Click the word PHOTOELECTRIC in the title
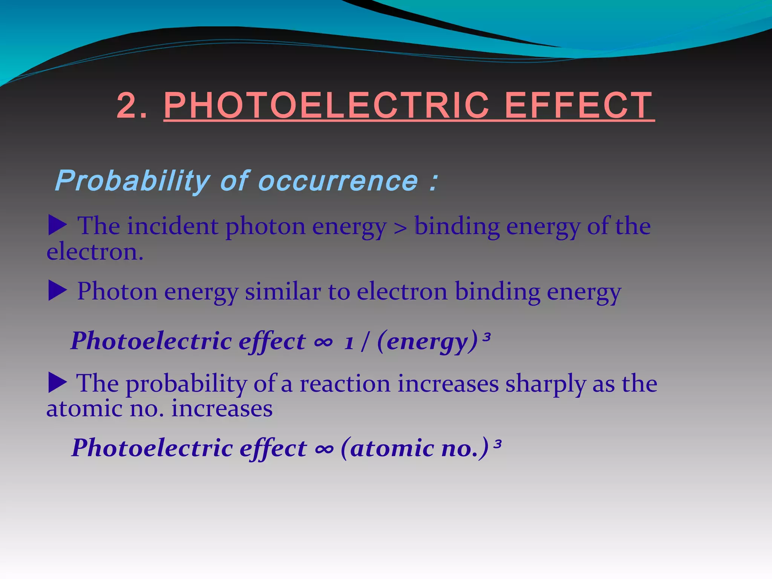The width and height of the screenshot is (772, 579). click(x=326, y=106)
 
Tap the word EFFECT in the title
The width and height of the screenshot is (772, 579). click(x=579, y=106)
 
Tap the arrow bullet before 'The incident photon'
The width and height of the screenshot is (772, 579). click(x=58, y=225)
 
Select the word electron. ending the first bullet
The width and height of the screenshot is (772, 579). click(x=95, y=252)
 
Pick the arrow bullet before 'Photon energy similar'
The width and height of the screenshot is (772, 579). click(x=58, y=291)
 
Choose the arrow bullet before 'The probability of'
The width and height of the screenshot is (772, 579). click(x=58, y=382)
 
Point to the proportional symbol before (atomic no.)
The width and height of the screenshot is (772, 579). click(x=325, y=449)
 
